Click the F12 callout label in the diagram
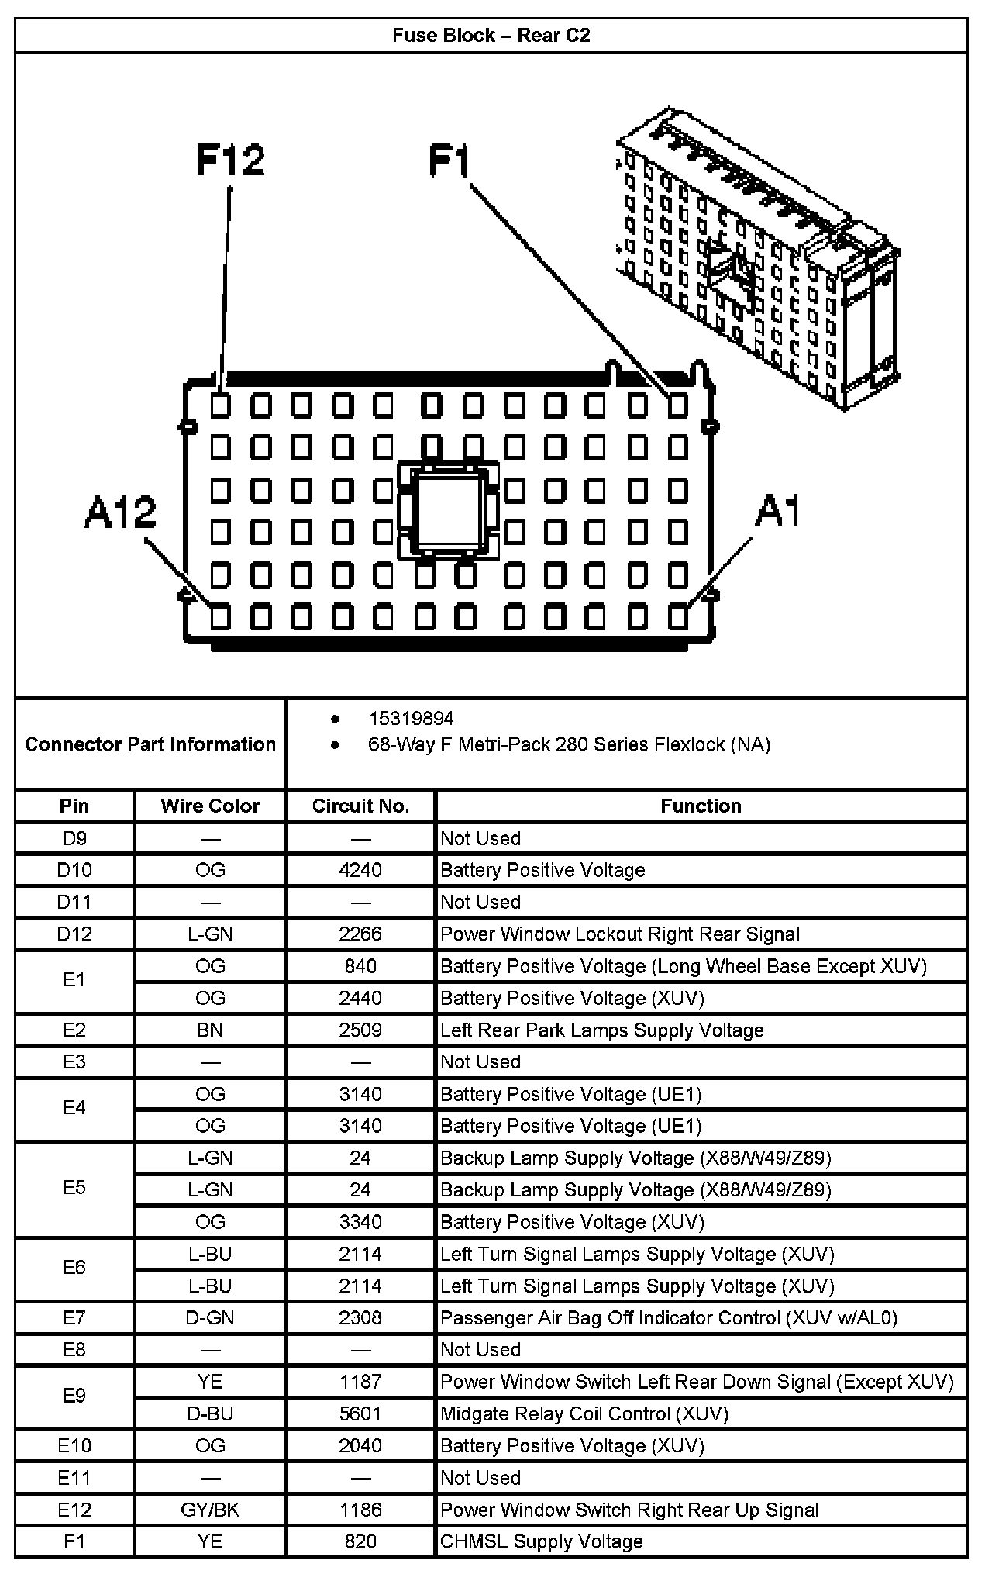pos(230,161)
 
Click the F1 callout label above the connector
pos(450,161)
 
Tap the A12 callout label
pos(120,513)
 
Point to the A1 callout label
pos(778,511)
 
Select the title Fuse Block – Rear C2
pos(491,36)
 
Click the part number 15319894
pos(411,718)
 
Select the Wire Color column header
pos(210,806)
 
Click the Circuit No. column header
pos(360,806)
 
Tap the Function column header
pos(701,806)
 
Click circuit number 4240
pos(360,870)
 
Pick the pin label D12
pos(74,934)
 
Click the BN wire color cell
pos(210,1030)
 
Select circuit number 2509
pos(360,1030)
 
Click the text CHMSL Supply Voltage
pos(541,1541)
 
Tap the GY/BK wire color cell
pos(210,1510)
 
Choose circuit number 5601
pos(360,1413)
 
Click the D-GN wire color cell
pos(210,1317)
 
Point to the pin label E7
pos(74,1317)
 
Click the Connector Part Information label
pos(150,744)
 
